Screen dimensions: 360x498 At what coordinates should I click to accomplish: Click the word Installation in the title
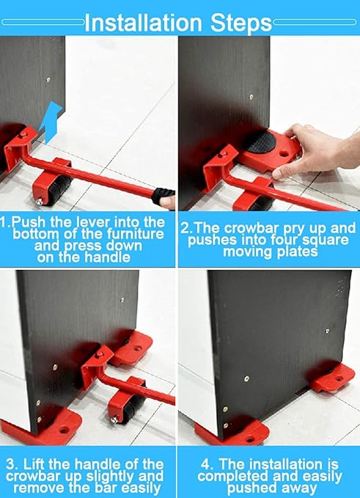click(143, 22)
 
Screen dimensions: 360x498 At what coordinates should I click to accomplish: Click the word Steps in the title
click(241, 23)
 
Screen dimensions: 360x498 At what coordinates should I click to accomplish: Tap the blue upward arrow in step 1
click(52, 122)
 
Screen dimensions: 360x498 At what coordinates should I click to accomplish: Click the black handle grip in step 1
click(163, 197)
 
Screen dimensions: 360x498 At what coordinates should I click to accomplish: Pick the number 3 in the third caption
click(11, 465)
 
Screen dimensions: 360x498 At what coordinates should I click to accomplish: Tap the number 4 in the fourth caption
click(206, 465)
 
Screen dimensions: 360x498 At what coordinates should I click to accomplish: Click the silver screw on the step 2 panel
click(251, 97)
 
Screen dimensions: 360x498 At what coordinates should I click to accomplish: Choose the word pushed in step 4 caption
click(248, 488)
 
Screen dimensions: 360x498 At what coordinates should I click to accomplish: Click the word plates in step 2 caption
click(298, 252)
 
